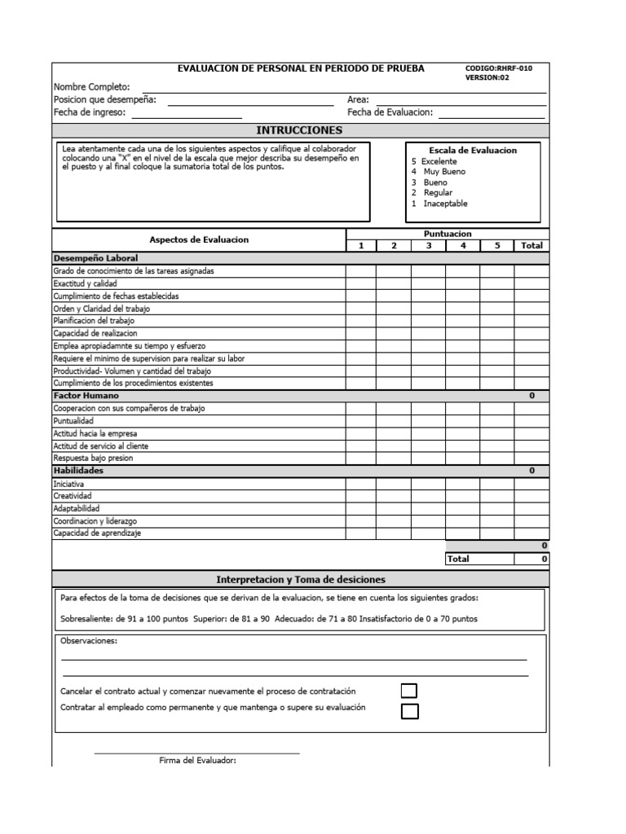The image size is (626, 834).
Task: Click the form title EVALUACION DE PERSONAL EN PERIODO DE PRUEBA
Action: coord(301,69)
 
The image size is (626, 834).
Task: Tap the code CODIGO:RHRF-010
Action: coord(498,69)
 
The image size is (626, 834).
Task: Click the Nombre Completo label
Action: coord(91,86)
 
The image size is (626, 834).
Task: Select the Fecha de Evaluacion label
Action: coord(390,113)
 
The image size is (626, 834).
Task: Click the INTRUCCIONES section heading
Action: coord(299,130)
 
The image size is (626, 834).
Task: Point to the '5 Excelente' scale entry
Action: coord(434,161)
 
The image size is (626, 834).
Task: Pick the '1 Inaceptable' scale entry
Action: coord(439,204)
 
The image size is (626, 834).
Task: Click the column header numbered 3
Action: coord(428,245)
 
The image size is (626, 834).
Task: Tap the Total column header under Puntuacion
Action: coord(531,245)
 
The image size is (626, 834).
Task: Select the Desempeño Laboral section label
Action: coord(84,258)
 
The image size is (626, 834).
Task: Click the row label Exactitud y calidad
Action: coord(86,283)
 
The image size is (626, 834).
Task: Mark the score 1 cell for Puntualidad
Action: coord(360,420)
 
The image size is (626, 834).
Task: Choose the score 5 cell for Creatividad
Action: coord(496,495)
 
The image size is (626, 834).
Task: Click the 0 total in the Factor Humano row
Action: coord(531,395)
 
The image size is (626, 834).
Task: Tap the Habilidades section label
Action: coord(78,471)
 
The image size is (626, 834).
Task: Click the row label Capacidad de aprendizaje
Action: coord(97,533)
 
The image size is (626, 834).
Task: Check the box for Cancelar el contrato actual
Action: coord(409,691)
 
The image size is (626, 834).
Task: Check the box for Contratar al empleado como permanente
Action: coord(409,711)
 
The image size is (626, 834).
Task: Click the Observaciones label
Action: coord(89,641)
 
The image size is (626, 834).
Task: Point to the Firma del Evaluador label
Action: coord(197,761)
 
